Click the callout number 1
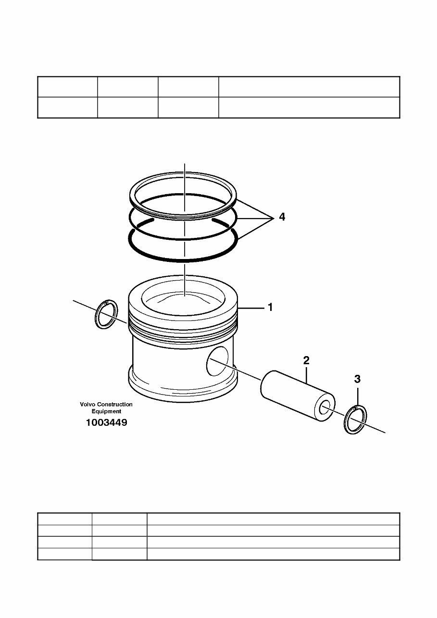coord(270,308)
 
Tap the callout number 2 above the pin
coord(306,360)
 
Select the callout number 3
coord(357,379)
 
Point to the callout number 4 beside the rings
coord(282,217)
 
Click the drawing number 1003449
coord(106,423)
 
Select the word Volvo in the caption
coord(88,405)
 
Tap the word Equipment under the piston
coord(106,411)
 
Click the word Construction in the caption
coord(115,405)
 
